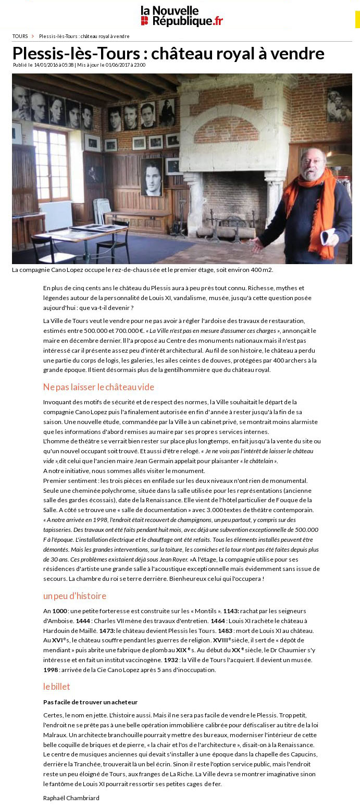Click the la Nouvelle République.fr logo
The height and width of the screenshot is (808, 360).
181,16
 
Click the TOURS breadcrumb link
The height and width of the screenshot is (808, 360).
20,36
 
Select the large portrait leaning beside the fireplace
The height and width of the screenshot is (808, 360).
152,177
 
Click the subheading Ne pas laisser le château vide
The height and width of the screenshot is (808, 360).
98,387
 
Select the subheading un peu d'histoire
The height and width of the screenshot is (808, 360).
75,596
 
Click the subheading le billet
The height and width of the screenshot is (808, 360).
56,687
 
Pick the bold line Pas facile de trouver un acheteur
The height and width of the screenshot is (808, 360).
90,702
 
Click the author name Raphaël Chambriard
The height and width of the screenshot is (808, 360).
71,798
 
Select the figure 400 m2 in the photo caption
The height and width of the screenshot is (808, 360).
262,270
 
